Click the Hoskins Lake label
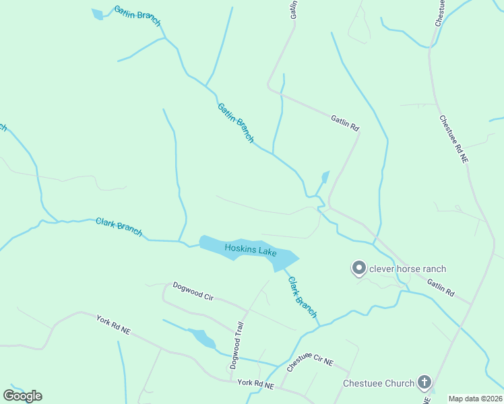251,249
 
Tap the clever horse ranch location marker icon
359,269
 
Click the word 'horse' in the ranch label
404,269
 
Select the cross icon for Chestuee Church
424,383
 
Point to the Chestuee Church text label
379,383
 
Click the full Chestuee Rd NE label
453,139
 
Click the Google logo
22,396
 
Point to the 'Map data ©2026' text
474,399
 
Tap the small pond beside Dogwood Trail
201,338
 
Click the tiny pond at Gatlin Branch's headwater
98,14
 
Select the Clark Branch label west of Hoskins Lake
119,226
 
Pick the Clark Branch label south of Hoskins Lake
302,297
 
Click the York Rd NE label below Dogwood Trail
256,384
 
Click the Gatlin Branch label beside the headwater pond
137,15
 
